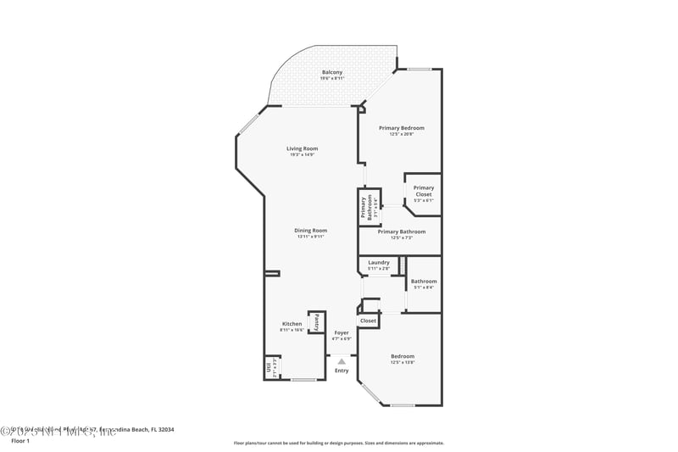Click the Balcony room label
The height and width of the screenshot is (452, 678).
coord(332,72)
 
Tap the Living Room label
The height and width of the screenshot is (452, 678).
coord(303,148)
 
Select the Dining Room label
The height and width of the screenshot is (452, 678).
coord(311,230)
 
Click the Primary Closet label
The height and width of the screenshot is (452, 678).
coord(424,191)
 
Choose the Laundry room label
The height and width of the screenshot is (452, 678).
coord(379,263)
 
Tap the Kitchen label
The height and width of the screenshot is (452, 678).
coord(292,324)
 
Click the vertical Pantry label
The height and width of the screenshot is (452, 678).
coord(317,322)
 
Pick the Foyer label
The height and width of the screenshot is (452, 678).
coord(342,332)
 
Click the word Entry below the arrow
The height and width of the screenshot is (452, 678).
coord(342,371)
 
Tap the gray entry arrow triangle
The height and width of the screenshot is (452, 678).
coord(342,360)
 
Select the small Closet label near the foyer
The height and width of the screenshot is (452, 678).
coord(368,321)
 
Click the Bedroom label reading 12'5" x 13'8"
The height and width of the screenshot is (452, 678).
coord(403,356)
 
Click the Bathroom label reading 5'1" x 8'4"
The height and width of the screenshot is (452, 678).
coord(424,282)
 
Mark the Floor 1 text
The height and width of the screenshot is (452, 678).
coord(19,441)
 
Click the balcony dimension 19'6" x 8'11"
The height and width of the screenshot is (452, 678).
coord(332,78)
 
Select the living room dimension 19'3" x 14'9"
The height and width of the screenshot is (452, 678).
coord(303,154)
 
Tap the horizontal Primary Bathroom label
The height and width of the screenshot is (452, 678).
coord(401,232)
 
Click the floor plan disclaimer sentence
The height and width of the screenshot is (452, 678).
coord(339,443)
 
